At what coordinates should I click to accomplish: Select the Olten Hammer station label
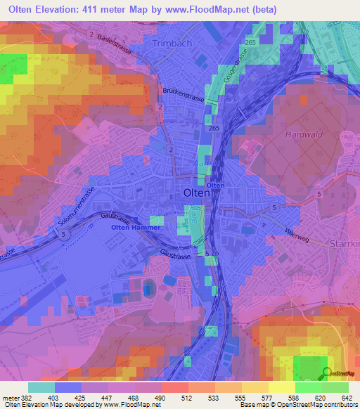pyautogui.click(x=136, y=227)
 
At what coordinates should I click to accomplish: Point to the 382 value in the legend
pyautogui.click(x=26, y=397)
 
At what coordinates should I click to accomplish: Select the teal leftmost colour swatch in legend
pyautogui.click(x=41, y=387)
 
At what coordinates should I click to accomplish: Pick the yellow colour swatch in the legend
pyautogui.click(x=281, y=387)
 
